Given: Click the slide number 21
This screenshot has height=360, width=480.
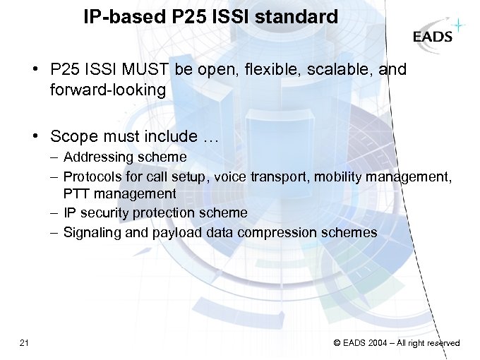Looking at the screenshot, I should (25, 343).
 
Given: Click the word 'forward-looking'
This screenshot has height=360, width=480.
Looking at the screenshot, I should (108, 90).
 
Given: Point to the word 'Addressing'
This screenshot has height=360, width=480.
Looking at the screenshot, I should (96, 157).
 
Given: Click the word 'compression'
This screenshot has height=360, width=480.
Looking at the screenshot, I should (274, 232).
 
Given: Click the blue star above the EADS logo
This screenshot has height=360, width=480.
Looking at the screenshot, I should (458, 26).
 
